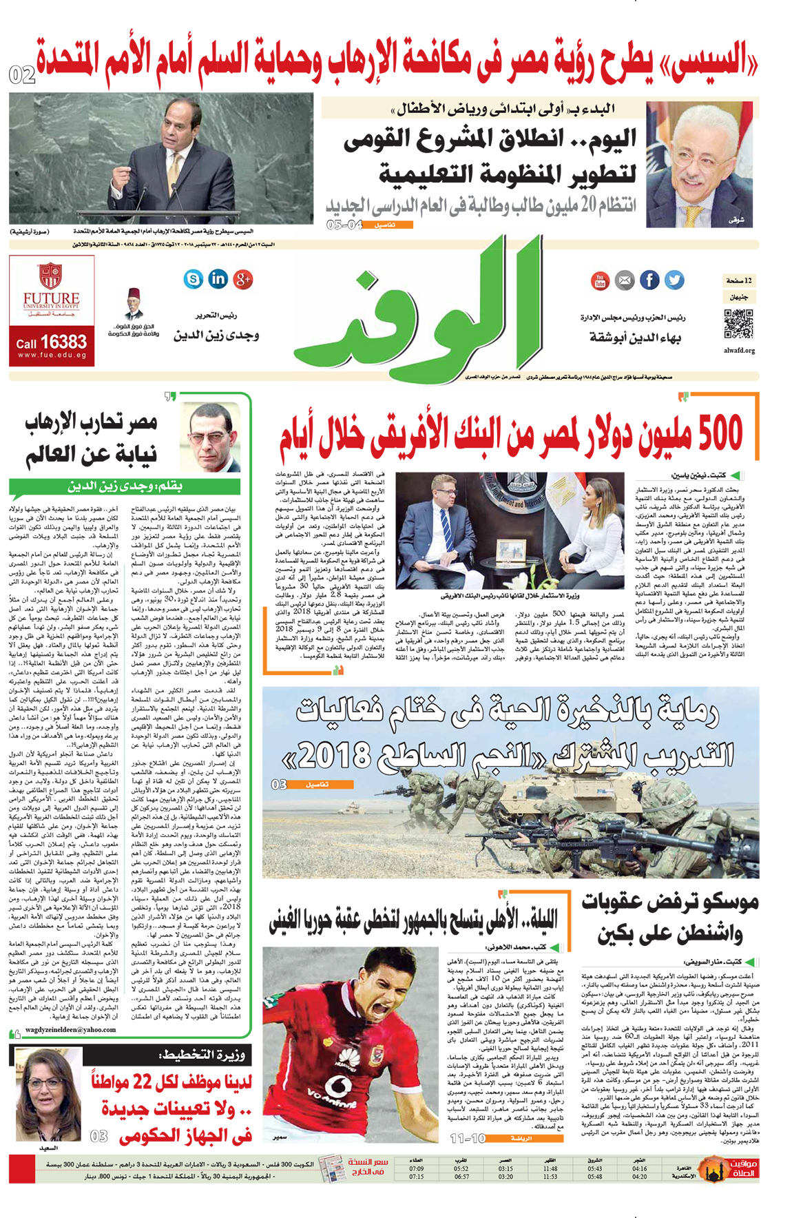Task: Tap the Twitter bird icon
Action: click(674, 280)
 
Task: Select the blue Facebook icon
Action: click(649, 280)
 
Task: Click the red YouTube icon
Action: click(599, 280)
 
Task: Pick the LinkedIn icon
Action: click(218, 278)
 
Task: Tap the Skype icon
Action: click(194, 278)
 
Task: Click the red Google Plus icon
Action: click(242, 278)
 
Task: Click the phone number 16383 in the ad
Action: click(63, 342)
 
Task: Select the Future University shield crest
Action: click(51, 275)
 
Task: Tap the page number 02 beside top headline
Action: click(22, 74)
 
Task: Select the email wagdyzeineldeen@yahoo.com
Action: click(71, 1030)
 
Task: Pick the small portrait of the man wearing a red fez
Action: click(134, 304)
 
